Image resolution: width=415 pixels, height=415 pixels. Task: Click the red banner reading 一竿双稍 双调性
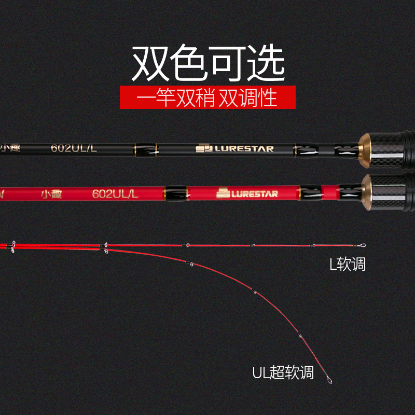coord(208,98)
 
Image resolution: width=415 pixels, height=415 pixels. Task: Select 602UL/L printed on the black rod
coord(74,148)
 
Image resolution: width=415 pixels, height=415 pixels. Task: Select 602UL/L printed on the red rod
coord(115,193)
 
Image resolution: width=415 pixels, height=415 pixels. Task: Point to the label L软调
coord(348,264)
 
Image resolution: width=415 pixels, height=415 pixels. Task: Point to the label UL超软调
coord(283,372)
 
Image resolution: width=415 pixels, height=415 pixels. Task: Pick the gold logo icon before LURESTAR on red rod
coord(224,193)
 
